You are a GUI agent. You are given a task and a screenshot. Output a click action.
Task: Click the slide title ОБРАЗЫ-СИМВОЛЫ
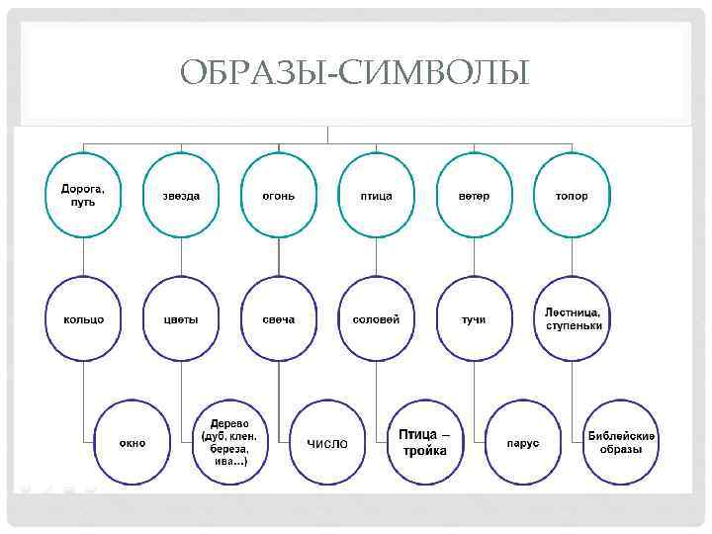355,73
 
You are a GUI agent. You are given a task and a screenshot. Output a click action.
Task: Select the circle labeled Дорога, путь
84,195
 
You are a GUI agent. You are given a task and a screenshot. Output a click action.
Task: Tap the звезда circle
181,195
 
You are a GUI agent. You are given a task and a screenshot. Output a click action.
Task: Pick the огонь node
279,195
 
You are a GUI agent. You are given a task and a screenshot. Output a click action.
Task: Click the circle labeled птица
377,195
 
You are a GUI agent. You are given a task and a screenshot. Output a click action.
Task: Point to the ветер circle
474,195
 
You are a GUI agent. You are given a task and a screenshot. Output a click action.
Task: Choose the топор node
572,195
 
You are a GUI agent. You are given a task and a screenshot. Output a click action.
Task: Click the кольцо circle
84,318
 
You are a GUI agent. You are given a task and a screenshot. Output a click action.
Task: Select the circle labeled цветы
181,318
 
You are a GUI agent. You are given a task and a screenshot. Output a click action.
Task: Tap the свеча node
279,318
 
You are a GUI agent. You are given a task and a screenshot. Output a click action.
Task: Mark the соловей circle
377,318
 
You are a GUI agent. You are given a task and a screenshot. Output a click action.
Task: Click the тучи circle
474,318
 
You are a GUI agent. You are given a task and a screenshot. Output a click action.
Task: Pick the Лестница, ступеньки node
573,318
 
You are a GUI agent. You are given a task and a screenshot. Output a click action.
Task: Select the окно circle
133,442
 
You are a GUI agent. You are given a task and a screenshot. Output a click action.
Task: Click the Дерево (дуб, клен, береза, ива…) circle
229,442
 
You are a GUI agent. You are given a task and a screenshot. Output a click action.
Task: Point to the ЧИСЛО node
327,442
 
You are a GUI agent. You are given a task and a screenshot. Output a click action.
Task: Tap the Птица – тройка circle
424,442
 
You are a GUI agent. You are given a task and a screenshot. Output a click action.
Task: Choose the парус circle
523,442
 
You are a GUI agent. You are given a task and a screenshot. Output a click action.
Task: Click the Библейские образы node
621,442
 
